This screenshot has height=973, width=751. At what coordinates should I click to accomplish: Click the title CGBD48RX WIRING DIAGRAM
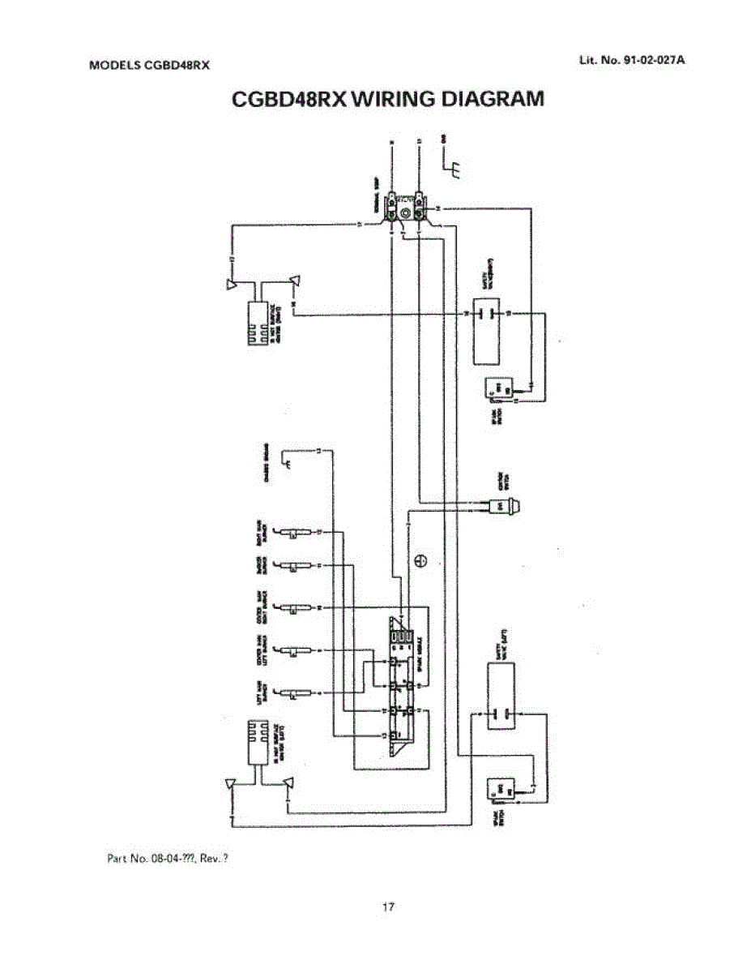tap(386, 99)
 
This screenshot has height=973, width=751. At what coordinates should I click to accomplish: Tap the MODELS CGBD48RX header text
tap(148, 66)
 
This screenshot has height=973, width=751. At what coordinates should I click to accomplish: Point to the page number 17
tap(387, 907)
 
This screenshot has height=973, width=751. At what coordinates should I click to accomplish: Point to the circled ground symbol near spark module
tap(420, 559)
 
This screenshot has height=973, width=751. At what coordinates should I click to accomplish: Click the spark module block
tap(403, 686)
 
